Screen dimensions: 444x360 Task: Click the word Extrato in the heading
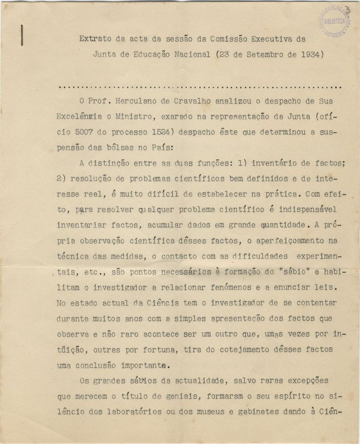[94, 39]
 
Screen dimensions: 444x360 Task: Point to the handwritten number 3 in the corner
[347, 11]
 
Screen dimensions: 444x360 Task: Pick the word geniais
[169, 397]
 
